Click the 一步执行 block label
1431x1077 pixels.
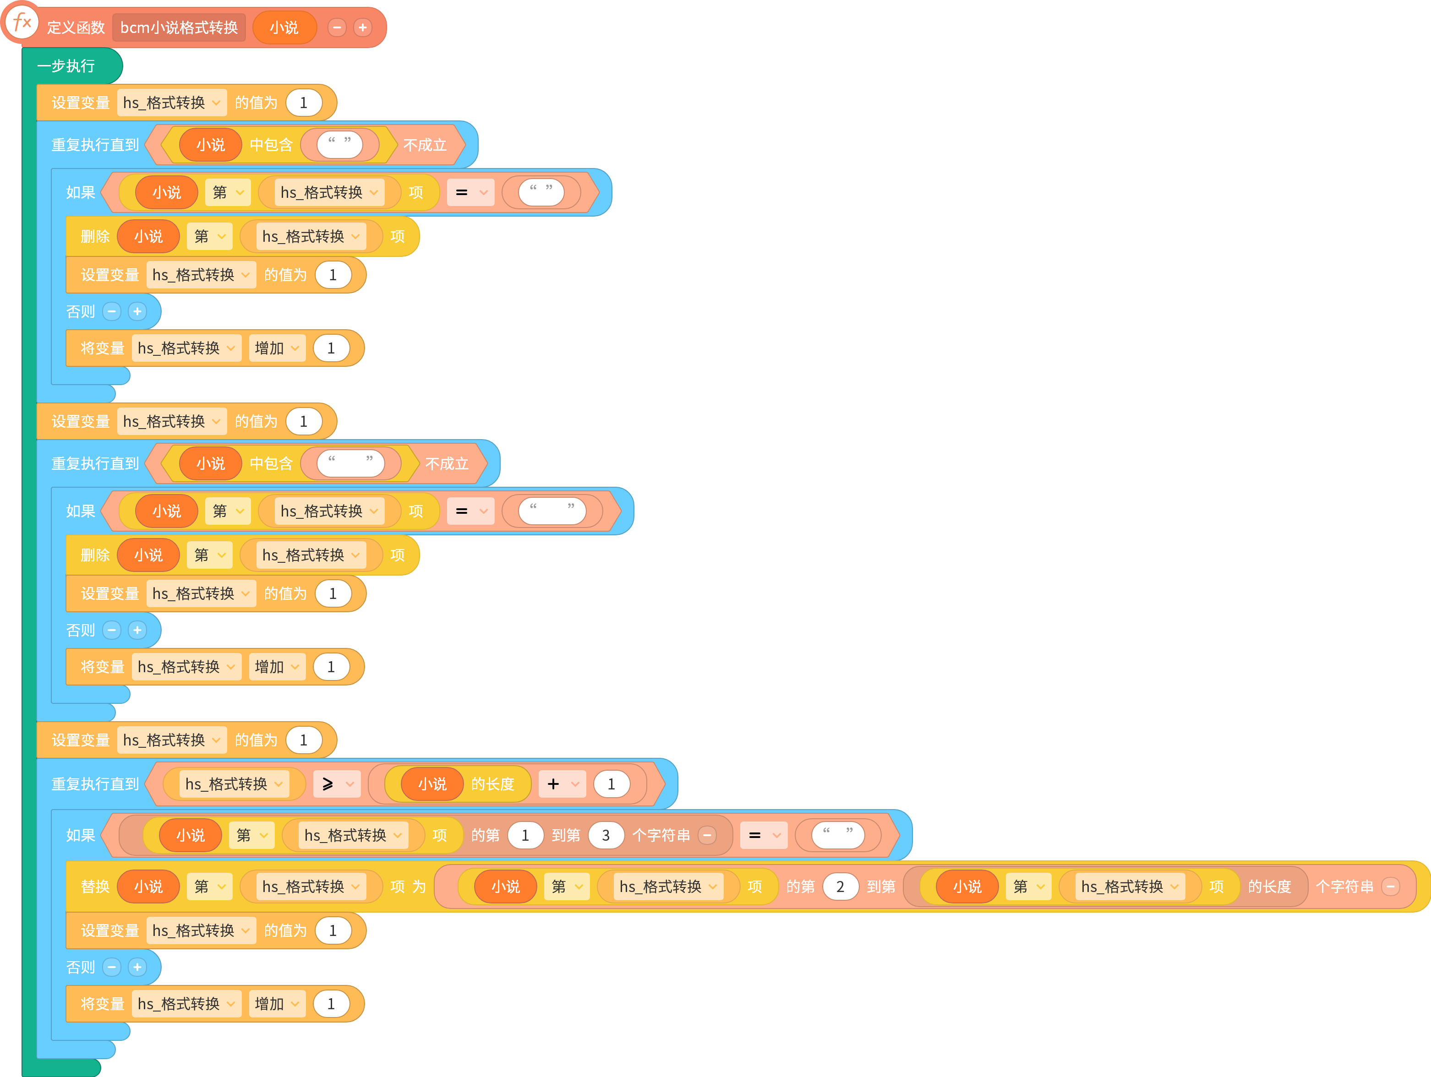[66, 66]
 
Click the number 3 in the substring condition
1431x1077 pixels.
[606, 835]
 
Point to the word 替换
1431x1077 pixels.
[95, 886]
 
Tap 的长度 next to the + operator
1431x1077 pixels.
[493, 784]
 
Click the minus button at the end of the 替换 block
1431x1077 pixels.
[1391, 886]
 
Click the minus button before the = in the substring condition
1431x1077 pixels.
[708, 835]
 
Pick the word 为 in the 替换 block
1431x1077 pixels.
[419, 886]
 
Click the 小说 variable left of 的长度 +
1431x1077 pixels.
[432, 784]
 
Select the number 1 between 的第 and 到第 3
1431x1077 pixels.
[525, 835]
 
